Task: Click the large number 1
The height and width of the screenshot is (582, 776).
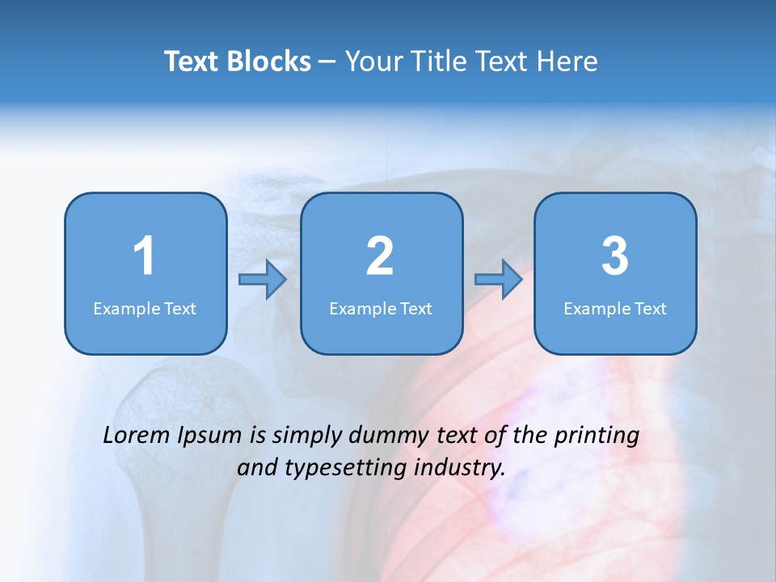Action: (x=144, y=256)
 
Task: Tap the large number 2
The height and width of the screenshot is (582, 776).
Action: (x=380, y=256)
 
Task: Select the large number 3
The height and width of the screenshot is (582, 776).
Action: (x=615, y=256)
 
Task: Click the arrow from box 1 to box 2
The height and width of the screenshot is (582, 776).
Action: (x=263, y=280)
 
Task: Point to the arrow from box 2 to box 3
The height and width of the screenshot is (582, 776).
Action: (x=499, y=280)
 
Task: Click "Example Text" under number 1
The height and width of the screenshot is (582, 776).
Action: (x=145, y=309)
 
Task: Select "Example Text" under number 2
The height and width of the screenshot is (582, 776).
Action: (x=381, y=309)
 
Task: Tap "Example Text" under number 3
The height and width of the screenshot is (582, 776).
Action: (x=615, y=309)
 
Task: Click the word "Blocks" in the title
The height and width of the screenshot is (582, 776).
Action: (x=268, y=61)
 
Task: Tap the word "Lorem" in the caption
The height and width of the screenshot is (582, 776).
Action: (x=137, y=436)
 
